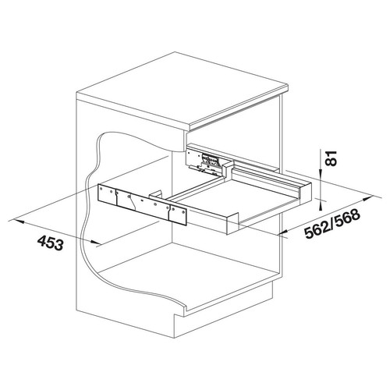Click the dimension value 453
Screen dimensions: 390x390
pyautogui.click(x=51, y=243)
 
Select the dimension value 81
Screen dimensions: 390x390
pyautogui.click(x=331, y=158)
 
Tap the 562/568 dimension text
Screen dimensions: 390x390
pyautogui.click(x=332, y=225)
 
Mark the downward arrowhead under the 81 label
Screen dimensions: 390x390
pyautogui.click(x=321, y=172)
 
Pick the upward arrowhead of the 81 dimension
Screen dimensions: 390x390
pyautogui.click(x=321, y=206)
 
